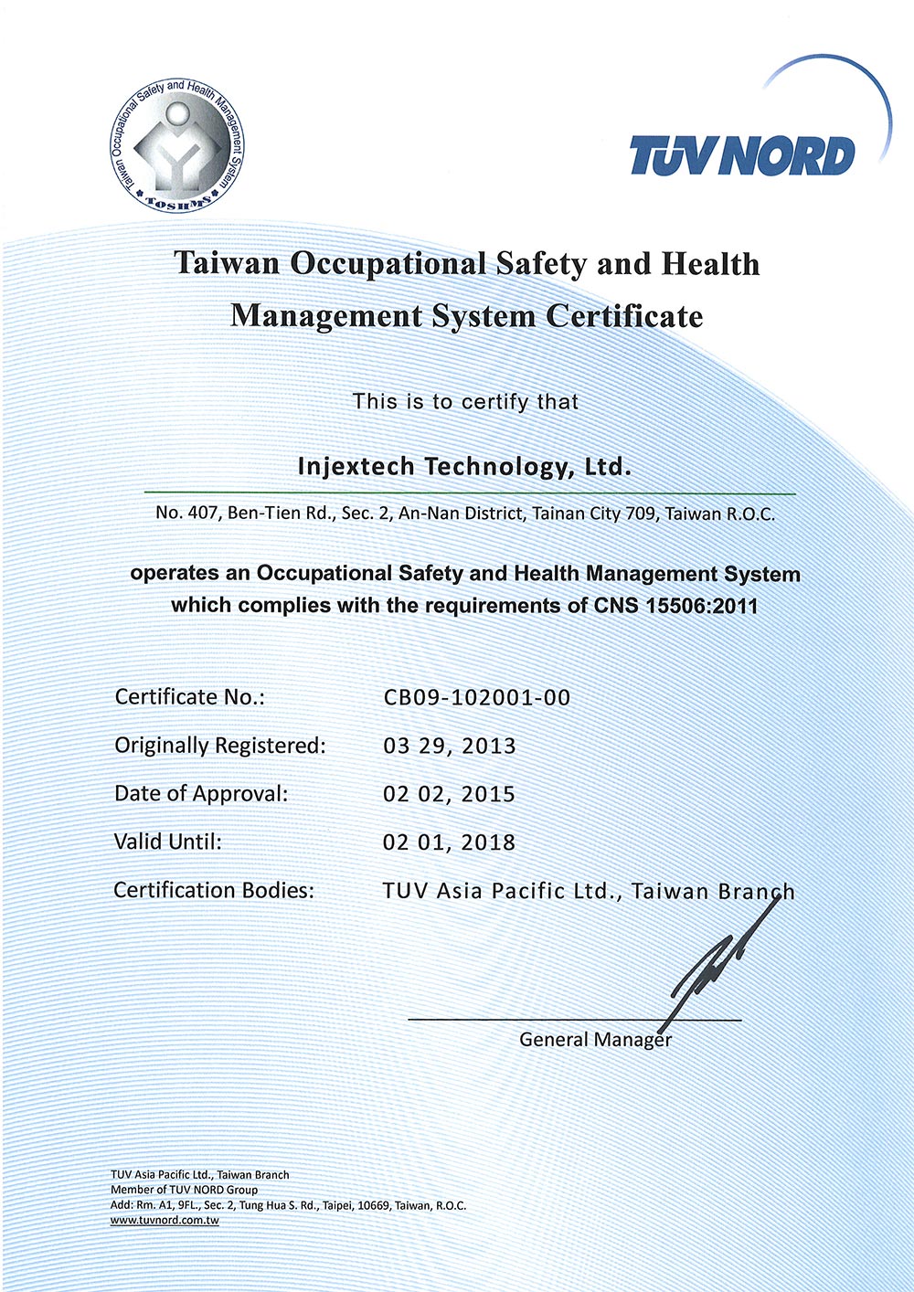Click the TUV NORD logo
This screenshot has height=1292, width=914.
742,156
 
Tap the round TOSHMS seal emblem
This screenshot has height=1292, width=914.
178,143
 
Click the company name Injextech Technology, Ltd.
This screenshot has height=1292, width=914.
465,467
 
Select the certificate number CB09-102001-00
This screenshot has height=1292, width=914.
477,698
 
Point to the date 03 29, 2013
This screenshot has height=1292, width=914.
450,747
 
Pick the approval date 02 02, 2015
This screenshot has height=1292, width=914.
450,795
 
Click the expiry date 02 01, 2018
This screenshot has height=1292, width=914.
450,842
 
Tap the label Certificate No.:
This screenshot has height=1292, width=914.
189,698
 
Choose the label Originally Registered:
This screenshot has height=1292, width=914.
219,747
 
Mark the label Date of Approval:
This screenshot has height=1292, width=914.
201,794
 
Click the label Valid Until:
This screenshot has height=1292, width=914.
167,842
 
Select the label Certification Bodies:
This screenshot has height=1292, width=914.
214,890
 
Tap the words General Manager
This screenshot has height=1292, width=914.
595,1040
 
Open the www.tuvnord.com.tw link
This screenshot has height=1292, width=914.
165,1221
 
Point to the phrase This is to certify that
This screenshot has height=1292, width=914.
465,401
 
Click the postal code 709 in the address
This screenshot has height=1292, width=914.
640,514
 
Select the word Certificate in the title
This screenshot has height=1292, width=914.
624,316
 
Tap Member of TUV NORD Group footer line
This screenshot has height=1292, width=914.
185,1190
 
